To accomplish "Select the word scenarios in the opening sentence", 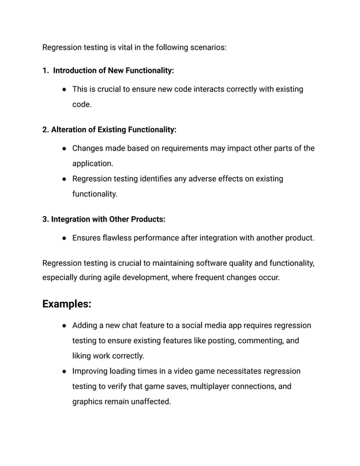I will [x=207, y=47].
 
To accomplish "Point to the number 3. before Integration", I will [x=46, y=219].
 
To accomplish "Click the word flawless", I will [x=118, y=238].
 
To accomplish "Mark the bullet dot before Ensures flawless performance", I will [x=65, y=238].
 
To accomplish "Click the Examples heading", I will [x=67, y=304].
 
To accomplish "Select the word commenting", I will [x=262, y=341].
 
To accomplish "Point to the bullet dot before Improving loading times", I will [x=65, y=371].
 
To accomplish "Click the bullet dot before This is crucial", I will [x=65, y=89].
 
